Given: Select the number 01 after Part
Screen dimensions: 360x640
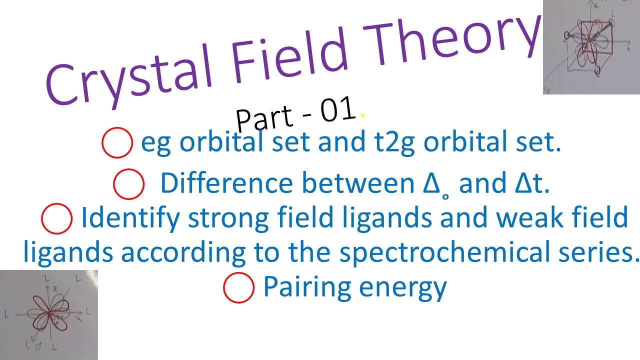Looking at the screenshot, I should pyautogui.click(x=338, y=111).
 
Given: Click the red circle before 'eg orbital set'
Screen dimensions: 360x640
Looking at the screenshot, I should pyautogui.click(x=117, y=143).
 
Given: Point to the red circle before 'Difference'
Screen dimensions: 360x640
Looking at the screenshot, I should pyautogui.click(x=129, y=184).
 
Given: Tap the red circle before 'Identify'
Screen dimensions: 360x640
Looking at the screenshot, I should pyautogui.click(x=56, y=218).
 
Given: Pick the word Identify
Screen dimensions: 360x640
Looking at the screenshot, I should pyautogui.click(x=130, y=218).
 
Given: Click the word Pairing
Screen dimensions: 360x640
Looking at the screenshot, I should pyautogui.click(x=305, y=287).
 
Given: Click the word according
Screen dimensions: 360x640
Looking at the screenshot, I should pyautogui.click(x=182, y=253).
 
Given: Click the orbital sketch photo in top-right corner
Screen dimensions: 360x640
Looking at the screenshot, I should pyautogui.click(x=591, y=47).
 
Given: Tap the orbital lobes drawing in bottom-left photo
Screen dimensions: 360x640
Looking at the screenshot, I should pyautogui.click(x=49, y=315).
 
